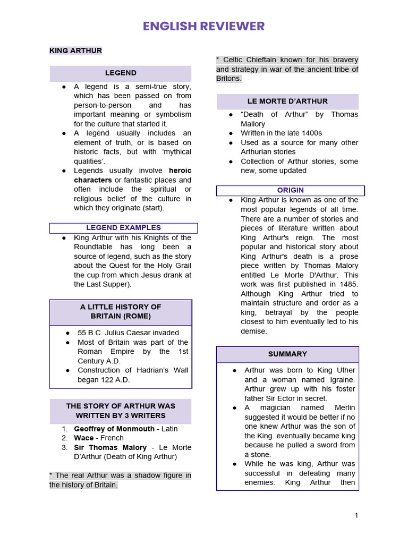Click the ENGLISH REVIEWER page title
(x=203, y=26)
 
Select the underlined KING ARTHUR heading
(x=75, y=50)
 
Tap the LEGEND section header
(x=121, y=73)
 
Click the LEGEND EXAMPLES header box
(x=123, y=228)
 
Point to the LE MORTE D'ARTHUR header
(x=287, y=101)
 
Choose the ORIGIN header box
(x=290, y=190)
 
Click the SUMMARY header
(x=287, y=354)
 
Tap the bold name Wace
(x=84, y=438)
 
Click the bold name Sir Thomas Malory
(x=110, y=447)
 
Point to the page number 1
(x=356, y=515)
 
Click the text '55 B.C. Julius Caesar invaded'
(x=128, y=333)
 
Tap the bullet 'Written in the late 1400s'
(x=281, y=133)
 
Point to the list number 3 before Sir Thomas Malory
(x=64, y=447)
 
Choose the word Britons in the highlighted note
(x=228, y=79)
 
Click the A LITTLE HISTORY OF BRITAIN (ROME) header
(x=121, y=311)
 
